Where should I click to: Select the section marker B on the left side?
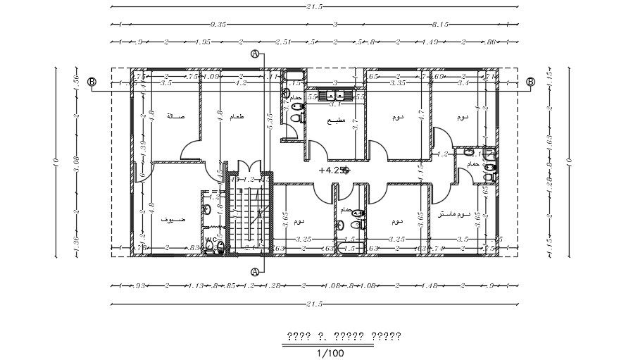click(x=91, y=82)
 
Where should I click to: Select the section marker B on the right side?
click(x=530, y=82)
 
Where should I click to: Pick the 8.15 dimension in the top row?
click(x=442, y=24)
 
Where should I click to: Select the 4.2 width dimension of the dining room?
click(x=240, y=82)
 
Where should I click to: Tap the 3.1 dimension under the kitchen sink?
click(x=335, y=104)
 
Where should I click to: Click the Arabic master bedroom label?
click(x=453, y=213)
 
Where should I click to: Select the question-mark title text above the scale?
click(x=342, y=336)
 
